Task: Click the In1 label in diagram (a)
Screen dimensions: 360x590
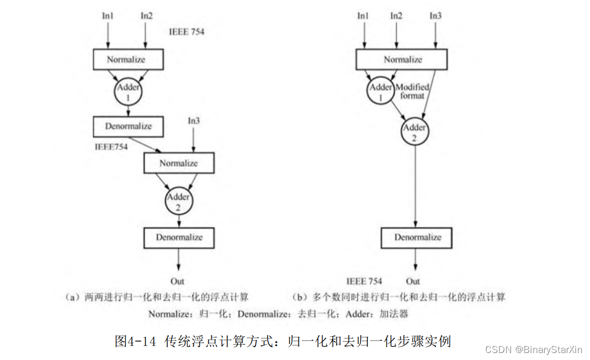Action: tap(108, 16)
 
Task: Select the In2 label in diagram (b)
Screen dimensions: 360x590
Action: tap(396, 16)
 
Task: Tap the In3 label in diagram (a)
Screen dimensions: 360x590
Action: tap(194, 121)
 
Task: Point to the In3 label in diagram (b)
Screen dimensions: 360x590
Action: tap(436, 16)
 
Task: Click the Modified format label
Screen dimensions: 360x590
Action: tap(413, 91)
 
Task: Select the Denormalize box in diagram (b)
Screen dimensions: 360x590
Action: tap(417, 237)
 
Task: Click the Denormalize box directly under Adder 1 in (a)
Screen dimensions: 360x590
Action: tap(128, 126)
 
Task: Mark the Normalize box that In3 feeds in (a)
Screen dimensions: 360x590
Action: tap(179, 163)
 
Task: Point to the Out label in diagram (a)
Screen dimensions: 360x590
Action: tap(177, 281)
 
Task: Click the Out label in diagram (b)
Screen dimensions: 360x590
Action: tap(413, 281)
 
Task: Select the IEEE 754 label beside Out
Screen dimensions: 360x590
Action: tap(364, 281)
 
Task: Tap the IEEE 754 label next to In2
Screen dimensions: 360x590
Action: tap(187, 32)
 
